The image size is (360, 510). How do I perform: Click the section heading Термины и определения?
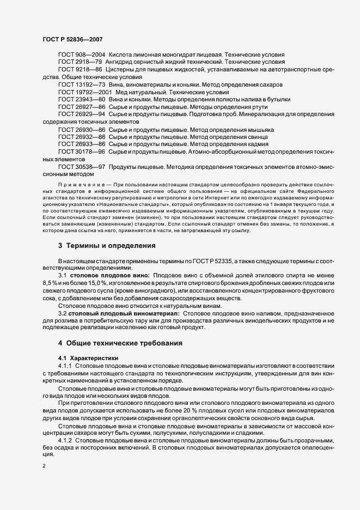111,246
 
